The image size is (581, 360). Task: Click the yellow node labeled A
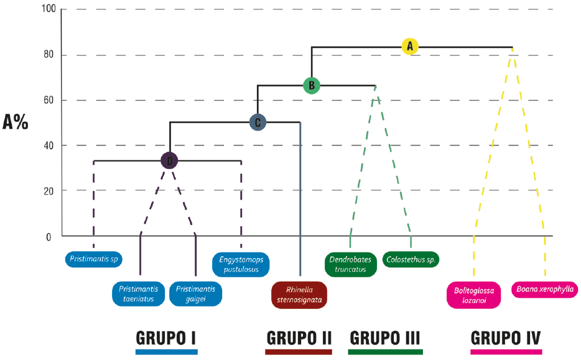[x=409, y=46]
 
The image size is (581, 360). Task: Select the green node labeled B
[x=312, y=85]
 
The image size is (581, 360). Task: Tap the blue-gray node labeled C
[x=258, y=122]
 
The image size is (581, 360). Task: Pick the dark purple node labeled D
[x=169, y=161]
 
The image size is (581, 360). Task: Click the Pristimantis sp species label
[x=94, y=259]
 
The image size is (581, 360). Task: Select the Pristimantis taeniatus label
[x=139, y=293]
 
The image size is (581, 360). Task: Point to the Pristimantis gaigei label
[x=196, y=293]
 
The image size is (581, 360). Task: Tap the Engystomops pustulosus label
[x=241, y=264]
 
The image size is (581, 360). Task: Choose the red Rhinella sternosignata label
[x=299, y=294]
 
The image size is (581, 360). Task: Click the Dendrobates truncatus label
[x=350, y=264]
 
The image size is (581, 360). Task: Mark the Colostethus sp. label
[x=411, y=259]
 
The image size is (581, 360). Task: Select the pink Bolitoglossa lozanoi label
[x=474, y=294]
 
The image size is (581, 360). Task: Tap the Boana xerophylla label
[x=545, y=289]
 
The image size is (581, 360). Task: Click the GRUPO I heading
[x=166, y=338]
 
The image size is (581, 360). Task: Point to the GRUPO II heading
[x=299, y=338]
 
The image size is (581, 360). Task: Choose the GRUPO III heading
[x=385, y=338]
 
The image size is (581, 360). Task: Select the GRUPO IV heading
[x=506, y=338]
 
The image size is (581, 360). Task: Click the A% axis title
[x=16, y=122]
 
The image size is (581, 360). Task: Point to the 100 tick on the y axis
[x=49, y=10]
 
